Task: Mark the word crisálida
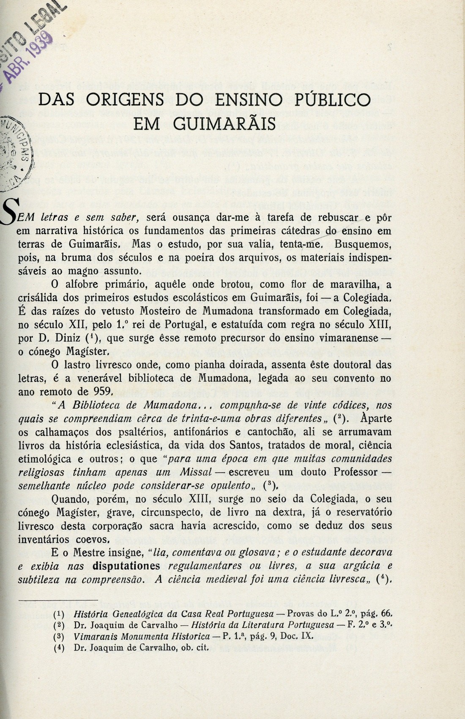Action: [39, 298]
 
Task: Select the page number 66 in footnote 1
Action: [387, 614]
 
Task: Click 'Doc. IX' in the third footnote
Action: [295, 637]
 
